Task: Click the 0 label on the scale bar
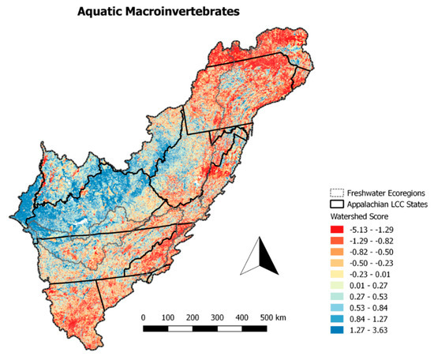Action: [x=143, y=317]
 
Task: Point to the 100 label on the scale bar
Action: [x=168, y=317]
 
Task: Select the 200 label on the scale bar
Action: [x=193, y=317]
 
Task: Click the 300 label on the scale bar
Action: [x=219, y=317]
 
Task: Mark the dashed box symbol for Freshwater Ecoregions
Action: [x=338, y=192]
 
